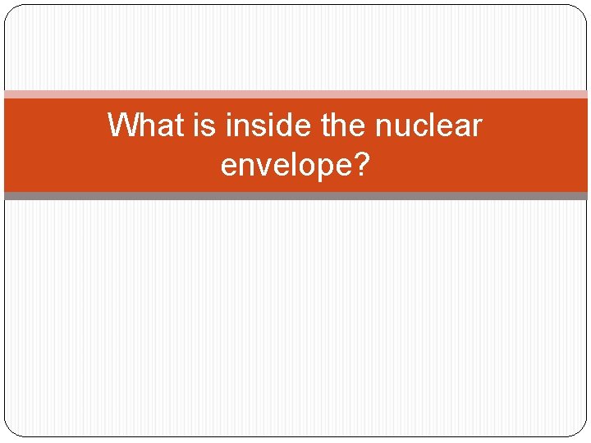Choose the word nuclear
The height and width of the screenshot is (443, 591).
428,126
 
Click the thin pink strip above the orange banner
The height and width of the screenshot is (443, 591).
295,94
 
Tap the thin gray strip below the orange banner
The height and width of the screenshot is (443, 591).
295,196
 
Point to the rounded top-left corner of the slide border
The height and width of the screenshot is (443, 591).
10,11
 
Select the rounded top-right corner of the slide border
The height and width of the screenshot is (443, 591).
581,11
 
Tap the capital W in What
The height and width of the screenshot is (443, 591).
120,126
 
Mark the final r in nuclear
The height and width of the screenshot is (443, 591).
477,128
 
